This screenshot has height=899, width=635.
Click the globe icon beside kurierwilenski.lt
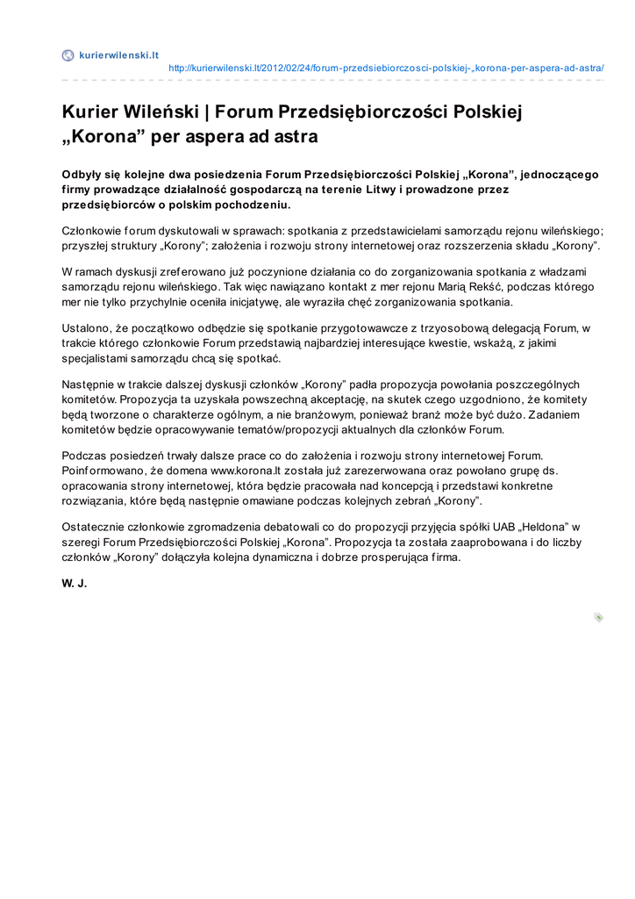68,55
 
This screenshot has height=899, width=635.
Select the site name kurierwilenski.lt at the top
118,55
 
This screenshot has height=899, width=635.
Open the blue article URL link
386,68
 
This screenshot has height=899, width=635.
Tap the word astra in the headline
295,137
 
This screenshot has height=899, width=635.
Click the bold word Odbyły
81,173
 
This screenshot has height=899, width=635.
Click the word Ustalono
85,328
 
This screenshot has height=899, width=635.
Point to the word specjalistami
96,358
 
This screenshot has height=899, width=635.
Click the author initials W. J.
75,584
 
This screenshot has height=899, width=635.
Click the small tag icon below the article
598,617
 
